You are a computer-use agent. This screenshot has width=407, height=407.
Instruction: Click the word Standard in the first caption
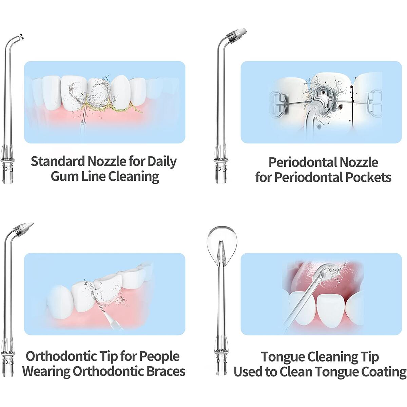pos(58,161)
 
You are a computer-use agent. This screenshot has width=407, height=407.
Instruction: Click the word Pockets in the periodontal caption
pos(368,177)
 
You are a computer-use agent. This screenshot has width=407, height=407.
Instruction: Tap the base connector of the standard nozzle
pos(8,169)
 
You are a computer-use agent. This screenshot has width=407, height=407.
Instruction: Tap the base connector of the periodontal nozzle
pos(221,169)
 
